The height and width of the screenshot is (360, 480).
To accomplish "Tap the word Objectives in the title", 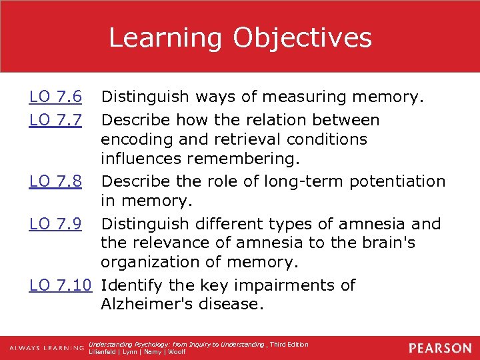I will [303, 37].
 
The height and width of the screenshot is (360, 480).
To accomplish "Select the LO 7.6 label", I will [55, 98].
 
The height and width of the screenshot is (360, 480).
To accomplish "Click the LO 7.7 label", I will [55, 120].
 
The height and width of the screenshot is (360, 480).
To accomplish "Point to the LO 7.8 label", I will [55, 181].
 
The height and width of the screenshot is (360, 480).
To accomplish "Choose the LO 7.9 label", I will [55, 223].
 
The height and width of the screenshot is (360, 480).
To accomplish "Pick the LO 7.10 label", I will [60, 285].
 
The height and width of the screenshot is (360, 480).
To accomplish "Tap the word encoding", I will [135, 139].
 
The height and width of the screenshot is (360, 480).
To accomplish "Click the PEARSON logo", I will [440, 348].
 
